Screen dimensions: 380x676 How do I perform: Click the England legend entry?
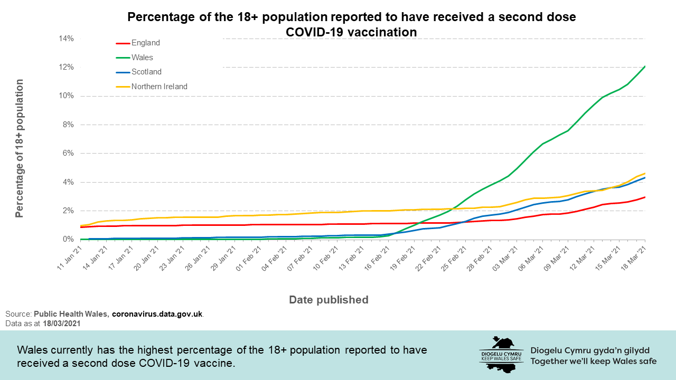[x=145, y=43]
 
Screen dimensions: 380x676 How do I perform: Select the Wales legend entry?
[x=142, y=58]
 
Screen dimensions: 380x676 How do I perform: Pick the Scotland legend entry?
[x=146, y=72]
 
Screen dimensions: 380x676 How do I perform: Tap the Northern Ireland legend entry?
[x=159, y=87]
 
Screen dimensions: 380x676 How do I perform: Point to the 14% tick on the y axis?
[x=66, y=39]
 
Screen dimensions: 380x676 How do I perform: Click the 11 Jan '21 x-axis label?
[x=70, y=258]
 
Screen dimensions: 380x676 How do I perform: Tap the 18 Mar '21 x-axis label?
[x=634, y=258]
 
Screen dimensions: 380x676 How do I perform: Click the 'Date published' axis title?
[x=328, y=300]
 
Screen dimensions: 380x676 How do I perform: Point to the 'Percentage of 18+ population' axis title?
[x=20, y=148]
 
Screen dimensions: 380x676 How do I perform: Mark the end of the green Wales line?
[x=645, y=66]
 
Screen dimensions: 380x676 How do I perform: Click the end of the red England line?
[x=645, y=197]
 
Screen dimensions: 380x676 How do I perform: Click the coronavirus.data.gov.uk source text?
[x=157, y=314]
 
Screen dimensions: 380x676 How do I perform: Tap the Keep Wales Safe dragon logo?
[x=501, y=354]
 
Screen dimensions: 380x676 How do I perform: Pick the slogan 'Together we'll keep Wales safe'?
[x=593, y=362]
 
